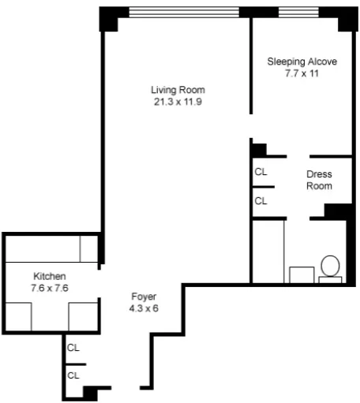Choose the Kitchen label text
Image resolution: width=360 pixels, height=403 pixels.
49,276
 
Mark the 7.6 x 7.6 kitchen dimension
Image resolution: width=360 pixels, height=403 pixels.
49,288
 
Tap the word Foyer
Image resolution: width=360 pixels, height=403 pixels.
144,297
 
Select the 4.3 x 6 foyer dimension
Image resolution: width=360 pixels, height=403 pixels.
144,308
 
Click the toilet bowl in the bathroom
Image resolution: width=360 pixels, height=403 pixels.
330,265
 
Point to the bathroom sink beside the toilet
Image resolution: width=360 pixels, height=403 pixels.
301,274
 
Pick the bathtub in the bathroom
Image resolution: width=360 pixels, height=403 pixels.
267,250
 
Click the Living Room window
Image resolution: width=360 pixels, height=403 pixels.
184,11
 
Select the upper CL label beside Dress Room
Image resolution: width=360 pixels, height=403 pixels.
261,171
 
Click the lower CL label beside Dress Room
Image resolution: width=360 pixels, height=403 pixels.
261,201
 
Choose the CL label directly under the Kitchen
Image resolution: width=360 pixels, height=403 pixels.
73,347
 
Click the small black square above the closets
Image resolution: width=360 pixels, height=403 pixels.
258,149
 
